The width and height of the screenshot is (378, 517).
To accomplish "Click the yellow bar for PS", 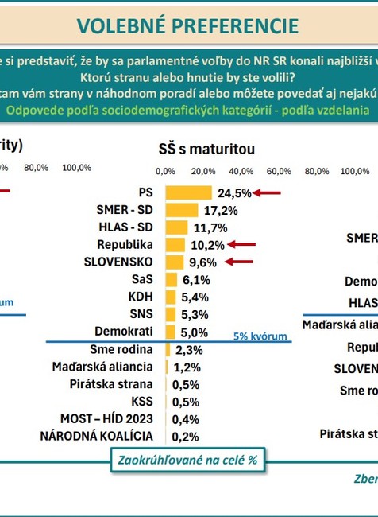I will point(188,192).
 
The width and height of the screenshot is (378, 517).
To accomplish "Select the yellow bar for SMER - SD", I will point(181,210).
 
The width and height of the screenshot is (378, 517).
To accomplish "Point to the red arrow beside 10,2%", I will point(241,245).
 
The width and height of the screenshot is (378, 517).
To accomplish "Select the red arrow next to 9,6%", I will point(238,262).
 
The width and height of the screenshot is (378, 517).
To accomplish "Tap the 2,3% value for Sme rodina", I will point(188,349).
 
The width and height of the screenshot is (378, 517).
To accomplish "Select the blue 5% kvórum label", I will point(260,336).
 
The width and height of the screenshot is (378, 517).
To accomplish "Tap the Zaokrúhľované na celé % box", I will point(187,459).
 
